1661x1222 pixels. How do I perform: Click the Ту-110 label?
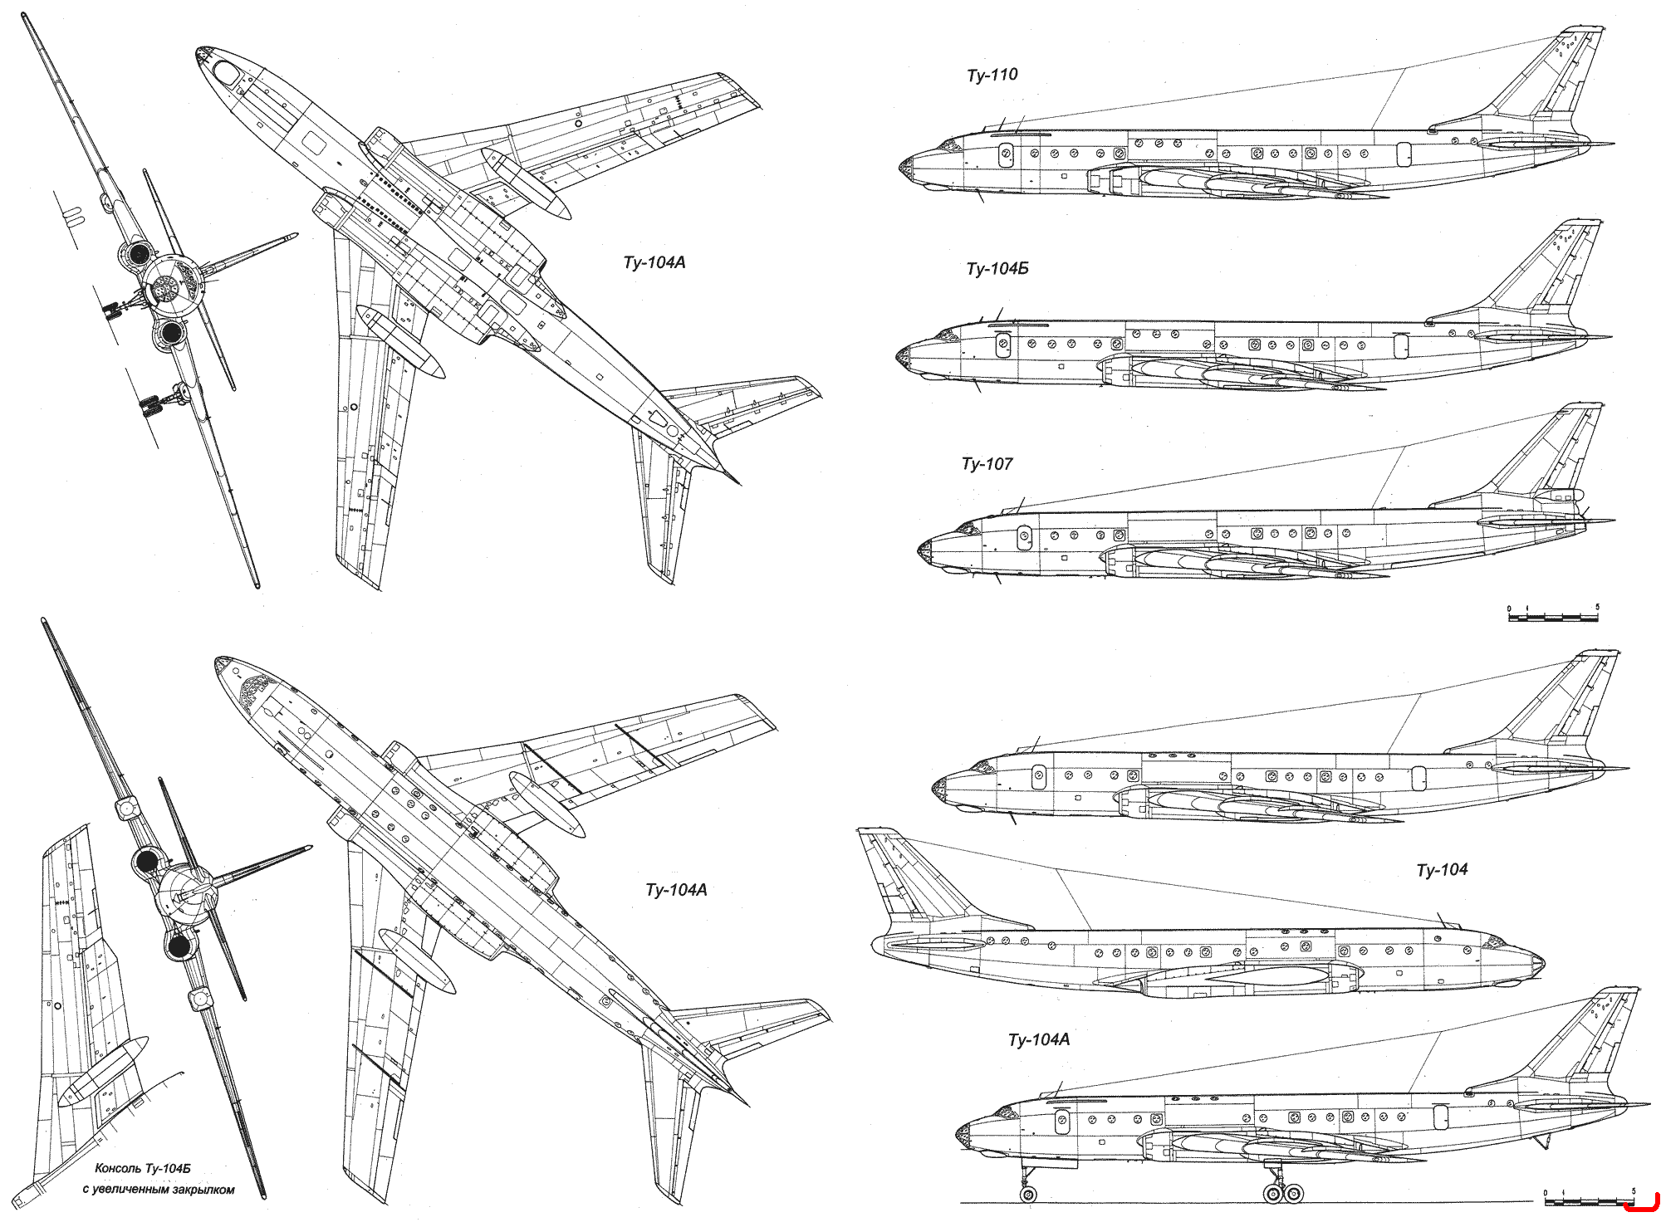(992, 76)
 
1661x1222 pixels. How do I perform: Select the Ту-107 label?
(987, 464)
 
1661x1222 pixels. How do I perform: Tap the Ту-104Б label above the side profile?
(997, 269)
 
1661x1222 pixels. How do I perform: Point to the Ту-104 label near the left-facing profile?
(1442, 870)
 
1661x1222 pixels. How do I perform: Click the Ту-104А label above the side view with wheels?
(1038, 1040)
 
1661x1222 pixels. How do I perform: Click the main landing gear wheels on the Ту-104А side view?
(1283, 1194)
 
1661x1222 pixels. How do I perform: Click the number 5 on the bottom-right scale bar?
(1634, 1192)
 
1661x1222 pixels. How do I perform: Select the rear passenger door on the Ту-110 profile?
(1404, 153)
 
